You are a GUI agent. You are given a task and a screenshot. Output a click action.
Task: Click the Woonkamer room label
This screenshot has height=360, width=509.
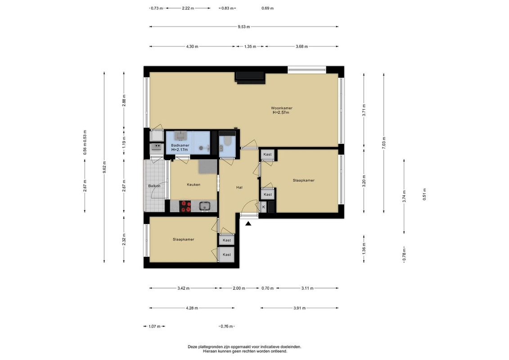(x=281, y=108)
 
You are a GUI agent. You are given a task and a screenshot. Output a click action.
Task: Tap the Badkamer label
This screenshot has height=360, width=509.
(x=180, y=145)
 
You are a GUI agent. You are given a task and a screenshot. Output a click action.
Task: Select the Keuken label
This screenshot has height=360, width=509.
(x=194, y=184)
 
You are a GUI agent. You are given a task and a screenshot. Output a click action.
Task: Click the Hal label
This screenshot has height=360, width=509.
(x=239, y=187)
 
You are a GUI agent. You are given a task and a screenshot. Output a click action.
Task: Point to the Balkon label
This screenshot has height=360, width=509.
(x=154, y=186)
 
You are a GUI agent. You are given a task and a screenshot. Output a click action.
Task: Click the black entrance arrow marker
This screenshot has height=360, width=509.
(x=248, y=223)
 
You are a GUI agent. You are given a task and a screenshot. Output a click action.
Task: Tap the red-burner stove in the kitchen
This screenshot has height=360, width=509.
(x=186, y=206)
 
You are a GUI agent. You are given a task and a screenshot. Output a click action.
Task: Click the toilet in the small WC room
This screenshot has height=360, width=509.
(x=226, y=142)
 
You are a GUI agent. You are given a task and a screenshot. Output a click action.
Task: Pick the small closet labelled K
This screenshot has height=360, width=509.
(x=264, y=207)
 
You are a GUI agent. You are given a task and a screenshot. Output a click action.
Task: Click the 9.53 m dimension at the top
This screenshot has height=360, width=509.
(x=244, y=27)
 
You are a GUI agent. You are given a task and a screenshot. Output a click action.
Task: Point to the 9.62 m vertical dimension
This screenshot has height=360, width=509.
(x=104, y=167)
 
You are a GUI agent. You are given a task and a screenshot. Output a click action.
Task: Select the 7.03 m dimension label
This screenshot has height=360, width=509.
(x=384, y=143)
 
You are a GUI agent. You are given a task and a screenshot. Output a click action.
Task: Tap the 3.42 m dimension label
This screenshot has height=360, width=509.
(x=184, y=288)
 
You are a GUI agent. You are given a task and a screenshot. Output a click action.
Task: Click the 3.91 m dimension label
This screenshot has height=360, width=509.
(x=299, y=308)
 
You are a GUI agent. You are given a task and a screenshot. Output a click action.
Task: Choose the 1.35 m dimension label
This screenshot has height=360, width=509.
(x=250, y=46)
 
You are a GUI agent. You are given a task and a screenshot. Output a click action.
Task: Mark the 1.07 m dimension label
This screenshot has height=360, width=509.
(x=154, y=327)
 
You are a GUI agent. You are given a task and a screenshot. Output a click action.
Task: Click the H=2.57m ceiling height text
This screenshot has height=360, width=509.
(x=281, y=112)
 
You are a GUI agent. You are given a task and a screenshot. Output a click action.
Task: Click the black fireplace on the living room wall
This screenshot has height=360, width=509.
(x=250, y=77)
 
